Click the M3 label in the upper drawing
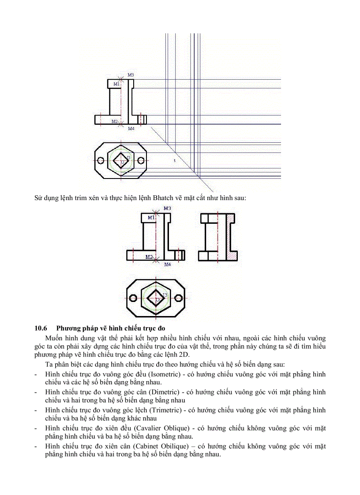[131, 75]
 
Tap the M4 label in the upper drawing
[131, 129]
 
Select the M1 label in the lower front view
[151, 217]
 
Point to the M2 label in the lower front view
[149, 257]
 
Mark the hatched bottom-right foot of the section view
[232, 255]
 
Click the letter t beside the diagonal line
[175, 161]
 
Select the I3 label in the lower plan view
[165, 294]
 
